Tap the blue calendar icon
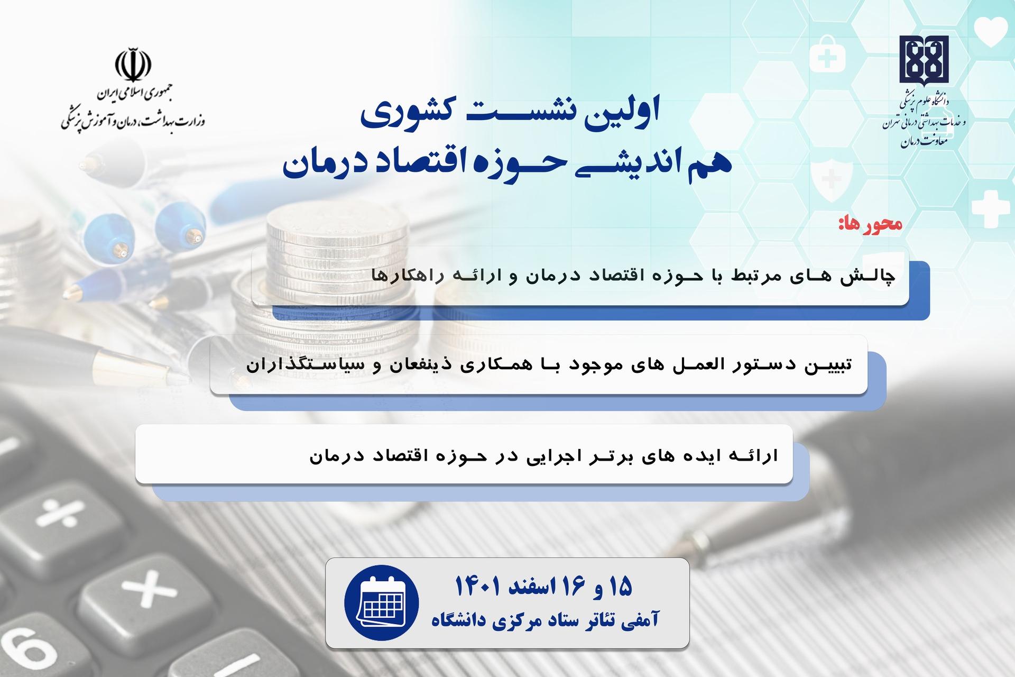(x=382, y=602)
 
